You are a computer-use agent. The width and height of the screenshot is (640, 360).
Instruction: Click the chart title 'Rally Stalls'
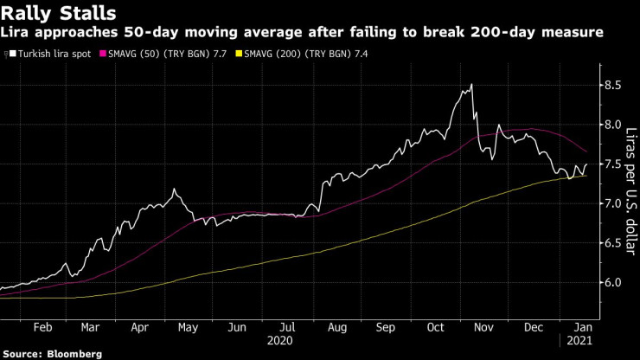53,13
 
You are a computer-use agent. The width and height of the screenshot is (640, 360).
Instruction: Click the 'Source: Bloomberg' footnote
53,353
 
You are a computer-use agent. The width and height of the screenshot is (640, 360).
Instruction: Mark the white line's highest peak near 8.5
471,84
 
